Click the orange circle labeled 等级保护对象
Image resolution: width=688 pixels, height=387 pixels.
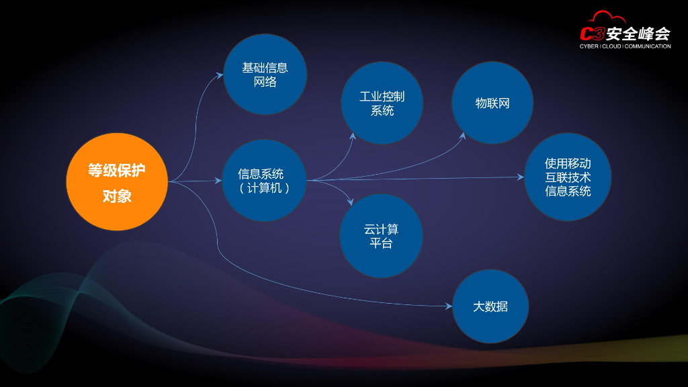pyautogui.click(x=117, y=181)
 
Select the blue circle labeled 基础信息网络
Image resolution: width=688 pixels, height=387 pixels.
pyautogui.click(x=265, y=75)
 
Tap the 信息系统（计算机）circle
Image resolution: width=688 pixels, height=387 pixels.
pyautogui.click(x=264, y=181)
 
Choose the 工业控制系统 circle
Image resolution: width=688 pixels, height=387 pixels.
pyautogui.click(x=382, y=103)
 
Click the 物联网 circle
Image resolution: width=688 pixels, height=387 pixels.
pyautogui.click(x=492, y=103)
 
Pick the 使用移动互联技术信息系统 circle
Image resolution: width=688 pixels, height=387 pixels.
pyautogui.click(x=568, y=177)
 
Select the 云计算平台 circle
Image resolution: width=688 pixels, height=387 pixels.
pyautogui.click(x=381, y=236)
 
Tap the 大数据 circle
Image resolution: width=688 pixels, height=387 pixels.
pyautogui.click(x=490, y=306)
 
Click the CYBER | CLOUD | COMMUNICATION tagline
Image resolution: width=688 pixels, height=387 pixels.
pyautogui.click(x=625, y=46)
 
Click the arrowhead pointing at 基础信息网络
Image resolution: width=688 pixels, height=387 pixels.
pyautogui.click(x=220, y=75)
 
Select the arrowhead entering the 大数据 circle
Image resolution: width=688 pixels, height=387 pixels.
pyautogui.click(x=449, y=306)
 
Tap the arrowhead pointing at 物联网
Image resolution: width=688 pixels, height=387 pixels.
pyautogui.click(x=463, y=136)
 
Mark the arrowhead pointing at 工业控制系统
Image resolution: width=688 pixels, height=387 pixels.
pyautogui.click(x=352, y=136)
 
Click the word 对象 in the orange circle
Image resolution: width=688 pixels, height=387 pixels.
pyautogui.click(x=117, y=196)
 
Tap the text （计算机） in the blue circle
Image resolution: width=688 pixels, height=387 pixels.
pyautogui.click(x=264, y=188)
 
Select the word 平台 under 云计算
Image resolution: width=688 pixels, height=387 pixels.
pyautogui.click(x=381, y=243)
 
